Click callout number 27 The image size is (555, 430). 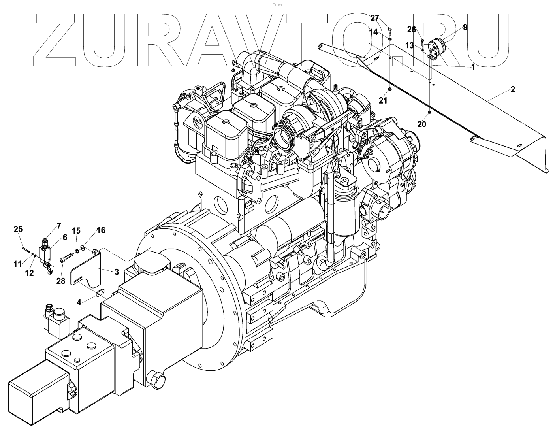click(375, 18)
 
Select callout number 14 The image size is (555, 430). click(373, 32)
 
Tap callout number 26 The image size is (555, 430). click(412, 29)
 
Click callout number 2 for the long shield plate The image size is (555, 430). click(512, 89)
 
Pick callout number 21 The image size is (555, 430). click(383, 101)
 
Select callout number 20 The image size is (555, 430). click(422, 124)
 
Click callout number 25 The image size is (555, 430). click(18, 229)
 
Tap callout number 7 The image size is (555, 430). click(59, 226)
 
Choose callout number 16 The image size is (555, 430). click(101, 230)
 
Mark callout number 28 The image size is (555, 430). click(61, 281)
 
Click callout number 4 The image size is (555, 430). click(79, 302)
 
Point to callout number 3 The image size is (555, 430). click(117, 272)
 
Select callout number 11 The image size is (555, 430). click(18, 264)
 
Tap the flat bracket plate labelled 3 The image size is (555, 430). click(85, 273)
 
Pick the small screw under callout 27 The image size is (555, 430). click(390, 30)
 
